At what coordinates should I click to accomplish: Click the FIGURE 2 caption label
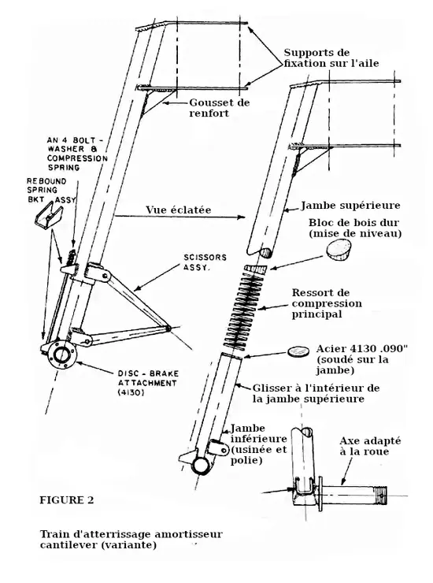coord(67,500)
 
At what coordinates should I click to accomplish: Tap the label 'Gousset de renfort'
coord(220,108)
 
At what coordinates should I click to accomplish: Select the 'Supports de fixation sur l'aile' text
coord(331,58)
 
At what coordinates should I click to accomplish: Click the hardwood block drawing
coord(339,250)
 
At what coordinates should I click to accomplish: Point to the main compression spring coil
coord(246,310)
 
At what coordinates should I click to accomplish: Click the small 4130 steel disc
coord(298,351)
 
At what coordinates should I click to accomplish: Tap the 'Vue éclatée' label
coord(179,210)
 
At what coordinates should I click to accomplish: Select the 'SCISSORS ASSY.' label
coord(205,262)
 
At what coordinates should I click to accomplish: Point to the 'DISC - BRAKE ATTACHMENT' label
coord(148,383)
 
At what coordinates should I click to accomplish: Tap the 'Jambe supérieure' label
coord(350,206)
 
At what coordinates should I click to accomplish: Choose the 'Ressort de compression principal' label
coord(327,303)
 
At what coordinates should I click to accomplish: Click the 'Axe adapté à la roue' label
coord(370,446)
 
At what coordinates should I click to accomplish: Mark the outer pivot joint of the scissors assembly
coord(168,329)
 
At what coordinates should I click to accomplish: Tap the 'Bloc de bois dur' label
coord(353,223)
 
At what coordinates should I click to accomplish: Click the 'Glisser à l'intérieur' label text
coord(316,388)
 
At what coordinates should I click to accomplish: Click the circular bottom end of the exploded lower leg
coord(201,464)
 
